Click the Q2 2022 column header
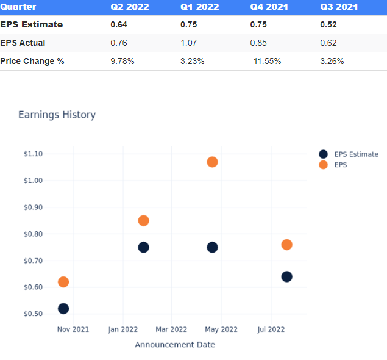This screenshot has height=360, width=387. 129,7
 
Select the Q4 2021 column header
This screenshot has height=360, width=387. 269,7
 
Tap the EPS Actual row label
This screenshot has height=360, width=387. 23,43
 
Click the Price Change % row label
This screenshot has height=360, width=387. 32,61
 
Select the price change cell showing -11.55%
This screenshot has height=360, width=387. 266,61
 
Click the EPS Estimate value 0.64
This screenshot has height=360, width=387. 119,24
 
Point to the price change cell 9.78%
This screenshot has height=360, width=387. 122,61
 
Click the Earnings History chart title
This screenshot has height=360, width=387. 57,115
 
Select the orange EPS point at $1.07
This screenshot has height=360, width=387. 212,162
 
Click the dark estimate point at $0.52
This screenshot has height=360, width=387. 63,309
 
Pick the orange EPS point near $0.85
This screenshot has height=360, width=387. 143,220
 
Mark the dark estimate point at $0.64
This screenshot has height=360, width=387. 286,276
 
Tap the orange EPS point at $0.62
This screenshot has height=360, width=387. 63,282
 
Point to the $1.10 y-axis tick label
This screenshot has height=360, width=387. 33,154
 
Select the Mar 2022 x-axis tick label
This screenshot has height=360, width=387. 171,329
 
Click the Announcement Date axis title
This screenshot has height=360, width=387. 175,344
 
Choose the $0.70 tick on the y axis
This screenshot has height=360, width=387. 33,261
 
